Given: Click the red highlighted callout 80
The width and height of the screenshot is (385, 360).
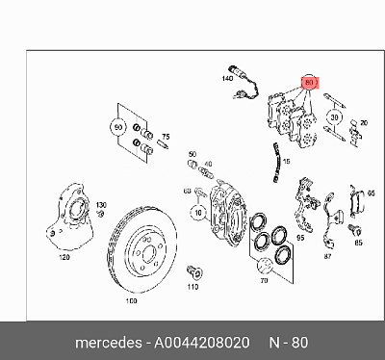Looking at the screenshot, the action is [309, 83].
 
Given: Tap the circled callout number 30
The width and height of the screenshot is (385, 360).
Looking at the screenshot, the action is [334, 117].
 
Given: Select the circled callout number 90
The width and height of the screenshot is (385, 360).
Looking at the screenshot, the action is [118, 127].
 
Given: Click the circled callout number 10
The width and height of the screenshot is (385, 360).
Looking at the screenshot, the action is [198, 213].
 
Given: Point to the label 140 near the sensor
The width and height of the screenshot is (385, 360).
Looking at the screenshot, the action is [227, 78].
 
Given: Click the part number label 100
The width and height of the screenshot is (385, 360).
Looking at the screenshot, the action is [131, 301].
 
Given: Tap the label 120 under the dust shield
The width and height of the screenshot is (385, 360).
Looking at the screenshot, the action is [64, 257].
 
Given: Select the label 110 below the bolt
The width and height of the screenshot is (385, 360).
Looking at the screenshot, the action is [192, 287].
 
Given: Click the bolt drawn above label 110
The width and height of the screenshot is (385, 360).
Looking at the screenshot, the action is [194, 271].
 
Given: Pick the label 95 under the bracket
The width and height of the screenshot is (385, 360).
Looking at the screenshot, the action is [300, 238].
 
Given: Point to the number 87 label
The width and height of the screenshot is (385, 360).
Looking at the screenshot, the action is [327, 256].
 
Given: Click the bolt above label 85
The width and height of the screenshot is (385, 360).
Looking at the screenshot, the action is [355, 230].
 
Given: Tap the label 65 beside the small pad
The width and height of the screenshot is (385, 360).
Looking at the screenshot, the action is [371, 193].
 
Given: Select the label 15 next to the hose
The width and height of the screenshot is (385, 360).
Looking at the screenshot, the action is [287, 161].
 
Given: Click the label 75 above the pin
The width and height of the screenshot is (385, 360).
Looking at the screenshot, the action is [166, 137].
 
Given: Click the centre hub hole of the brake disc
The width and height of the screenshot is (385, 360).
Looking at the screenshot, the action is [148, 253].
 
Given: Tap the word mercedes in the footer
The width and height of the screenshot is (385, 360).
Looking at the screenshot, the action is [109, 343].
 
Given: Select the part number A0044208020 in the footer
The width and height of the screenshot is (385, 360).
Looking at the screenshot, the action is [202, 343].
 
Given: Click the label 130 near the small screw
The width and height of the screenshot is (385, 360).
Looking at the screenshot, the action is [101, 205].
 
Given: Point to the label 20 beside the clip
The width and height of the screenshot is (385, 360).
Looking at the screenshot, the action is [364, 123].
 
